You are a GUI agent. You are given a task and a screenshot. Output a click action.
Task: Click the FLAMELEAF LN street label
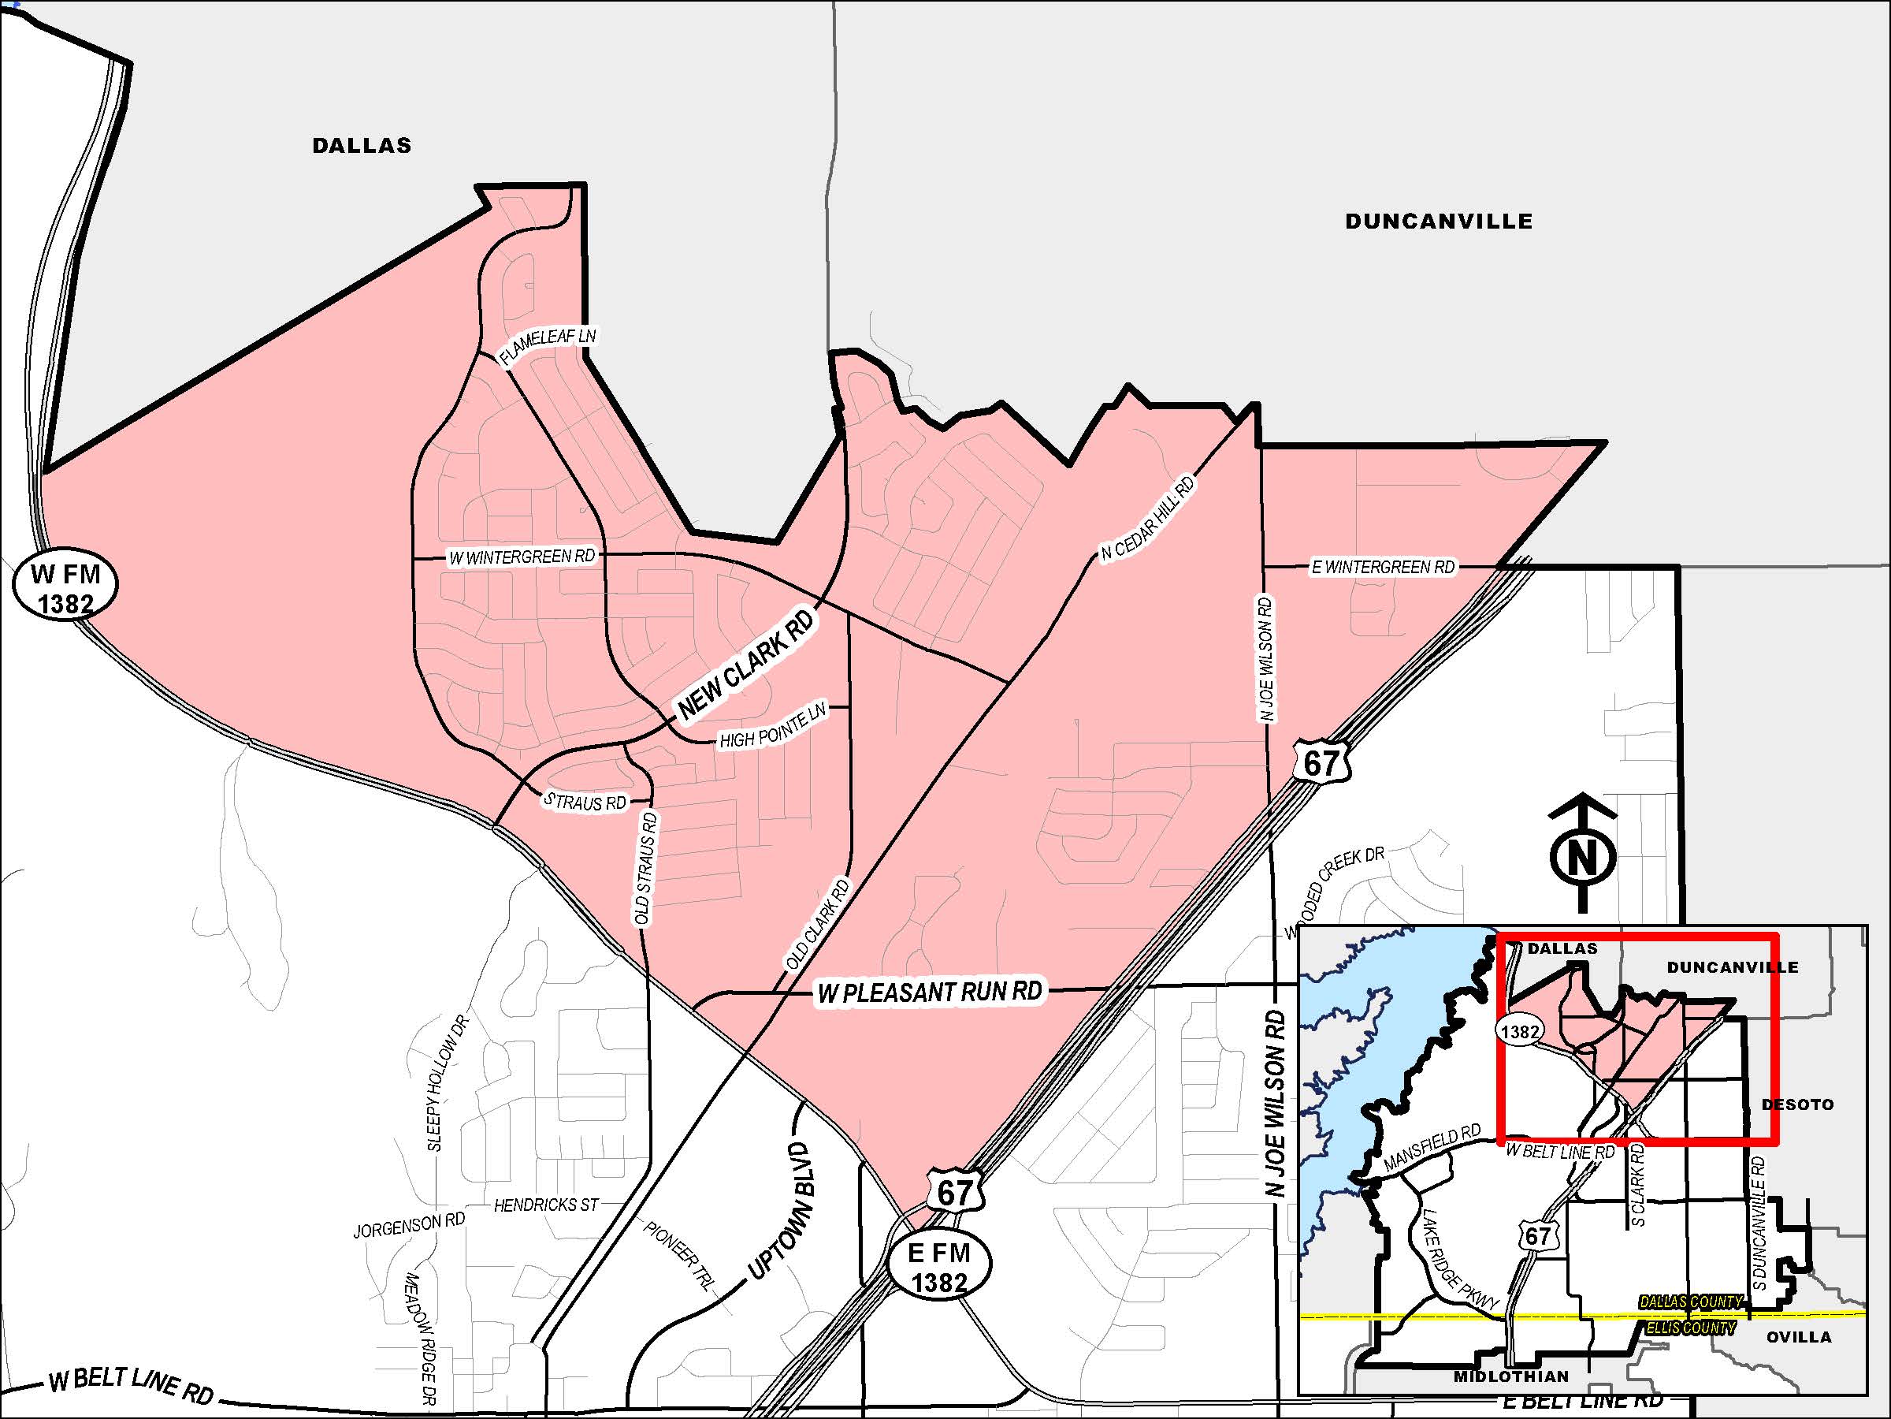[547, 345]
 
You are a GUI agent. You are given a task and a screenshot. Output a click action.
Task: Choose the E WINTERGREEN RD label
[1382, 567]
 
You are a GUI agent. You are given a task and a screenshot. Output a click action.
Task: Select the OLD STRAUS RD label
[646, 868]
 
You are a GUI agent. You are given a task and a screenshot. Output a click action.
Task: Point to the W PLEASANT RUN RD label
[929, 993]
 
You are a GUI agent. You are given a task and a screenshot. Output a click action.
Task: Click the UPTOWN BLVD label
[780, 1209]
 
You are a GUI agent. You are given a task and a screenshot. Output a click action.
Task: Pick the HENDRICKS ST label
[546, 1205]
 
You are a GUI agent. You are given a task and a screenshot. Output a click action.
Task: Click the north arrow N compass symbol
[1582, 855]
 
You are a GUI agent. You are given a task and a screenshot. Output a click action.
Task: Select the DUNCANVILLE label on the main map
[1439, 222]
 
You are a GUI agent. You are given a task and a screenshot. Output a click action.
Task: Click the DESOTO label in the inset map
[1797, 1104]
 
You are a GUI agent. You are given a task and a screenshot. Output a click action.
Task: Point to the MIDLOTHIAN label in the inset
[1510, 1376]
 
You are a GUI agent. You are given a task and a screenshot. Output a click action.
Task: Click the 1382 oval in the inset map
[1519, 1031]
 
